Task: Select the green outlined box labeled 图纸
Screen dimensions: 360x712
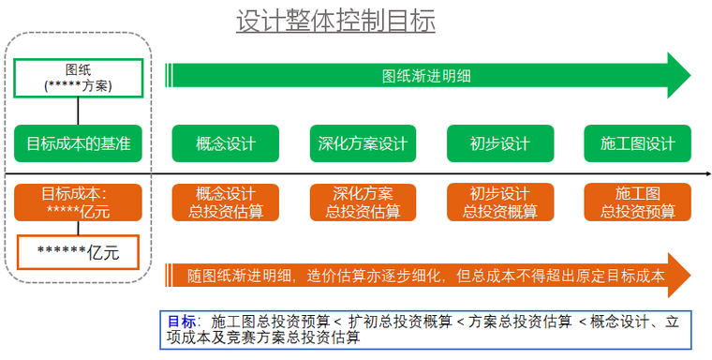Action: click(x=78, y=78)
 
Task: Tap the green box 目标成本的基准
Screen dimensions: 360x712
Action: click(x=78, y=143)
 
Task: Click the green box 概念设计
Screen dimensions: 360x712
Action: click(x=226, y=143)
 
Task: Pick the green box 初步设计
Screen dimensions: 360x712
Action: click(x=500, y=143)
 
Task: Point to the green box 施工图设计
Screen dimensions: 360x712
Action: click(x=637, y=143)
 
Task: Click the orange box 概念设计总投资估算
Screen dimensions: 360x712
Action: click(x=226, y=202)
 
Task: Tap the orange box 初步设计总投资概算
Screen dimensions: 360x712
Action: click(x=500, y=202)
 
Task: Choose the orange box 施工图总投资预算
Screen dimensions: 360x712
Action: click(x=637, y=202)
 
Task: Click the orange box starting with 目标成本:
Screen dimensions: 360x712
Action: click(x=78, y=202)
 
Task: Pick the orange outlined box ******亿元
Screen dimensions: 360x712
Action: click(x=79, y=251)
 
